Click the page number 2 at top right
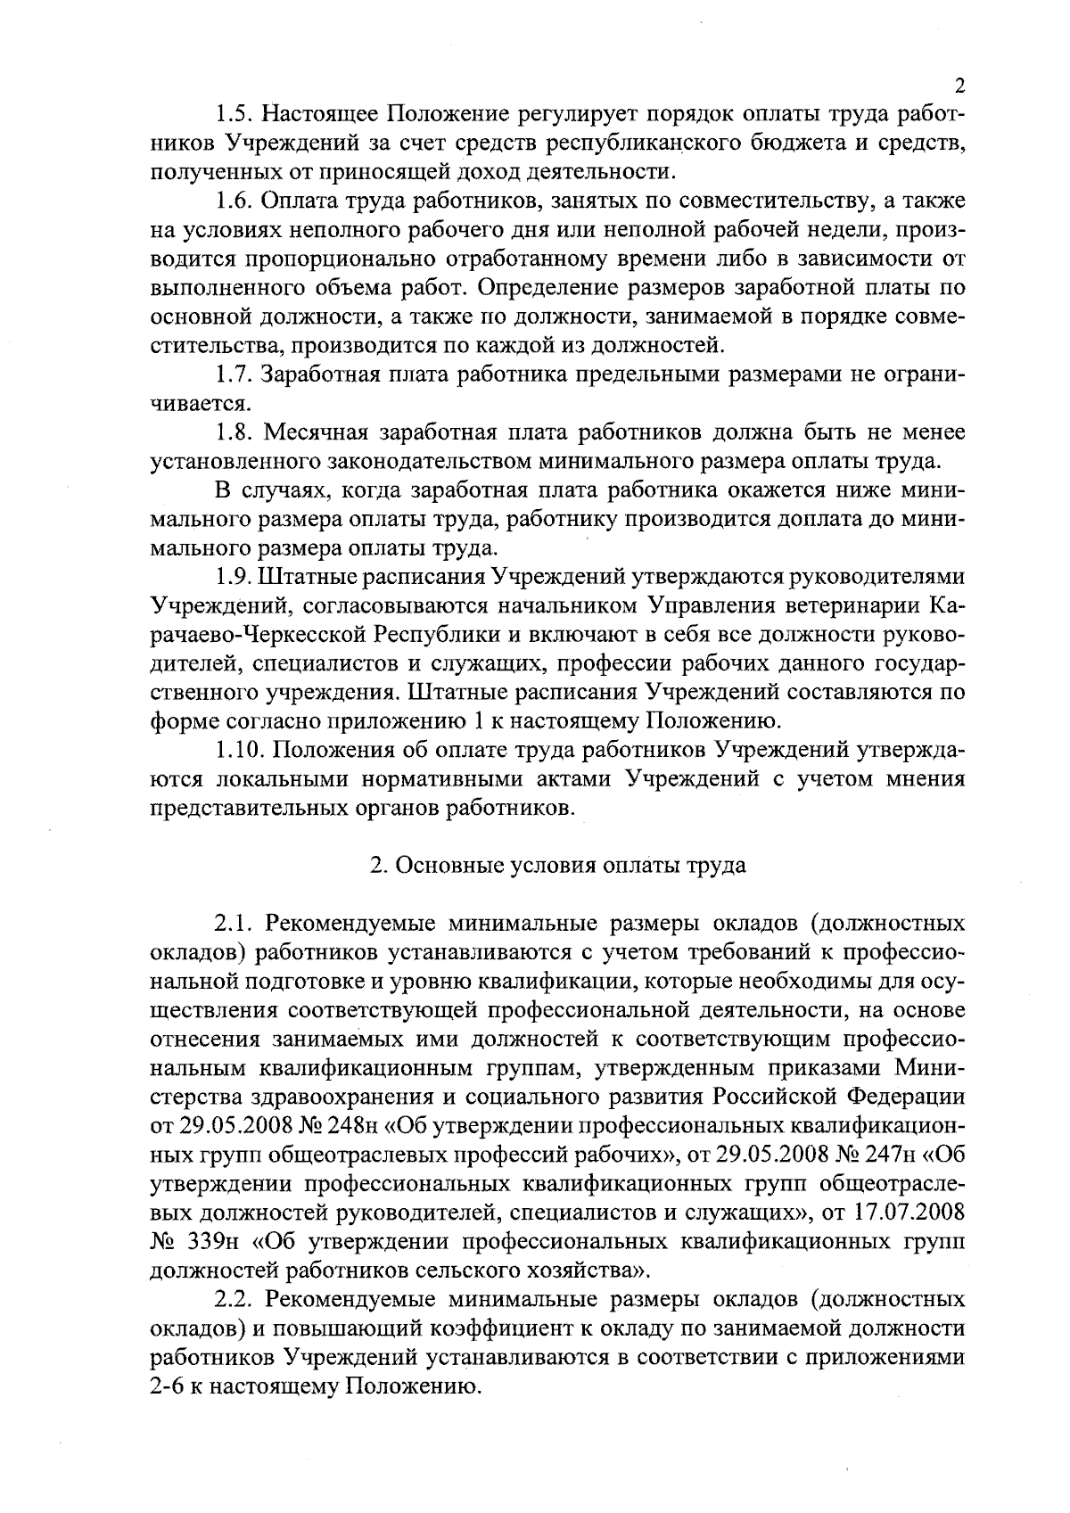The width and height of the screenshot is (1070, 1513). coord(959,86)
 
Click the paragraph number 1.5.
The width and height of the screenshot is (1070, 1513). coord(234,115)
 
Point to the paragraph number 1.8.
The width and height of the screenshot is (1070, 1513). coord(234,433)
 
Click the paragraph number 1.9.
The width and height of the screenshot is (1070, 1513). coord(234,577)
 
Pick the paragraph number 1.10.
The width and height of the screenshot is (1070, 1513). coord(239,751)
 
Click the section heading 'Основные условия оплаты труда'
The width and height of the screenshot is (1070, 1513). coord(558,866)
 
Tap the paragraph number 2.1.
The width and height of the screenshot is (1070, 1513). coord(234,924)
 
